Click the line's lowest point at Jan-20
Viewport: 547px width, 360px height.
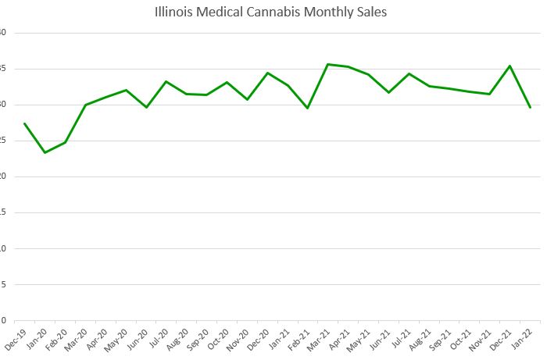pos(45,152)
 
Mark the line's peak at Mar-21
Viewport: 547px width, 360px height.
pos(327,64)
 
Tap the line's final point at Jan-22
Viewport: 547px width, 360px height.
pos(531,107)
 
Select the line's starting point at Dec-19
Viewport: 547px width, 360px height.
pos(24,123)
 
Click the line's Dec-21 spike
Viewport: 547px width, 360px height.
pos(510,66)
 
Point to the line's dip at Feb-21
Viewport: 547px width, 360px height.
pos(308,108)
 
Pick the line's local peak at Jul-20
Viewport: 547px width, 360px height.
pos(166,81)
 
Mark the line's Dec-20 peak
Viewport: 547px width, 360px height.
pos(267,73)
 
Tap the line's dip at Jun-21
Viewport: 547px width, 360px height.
pos(388,92)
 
